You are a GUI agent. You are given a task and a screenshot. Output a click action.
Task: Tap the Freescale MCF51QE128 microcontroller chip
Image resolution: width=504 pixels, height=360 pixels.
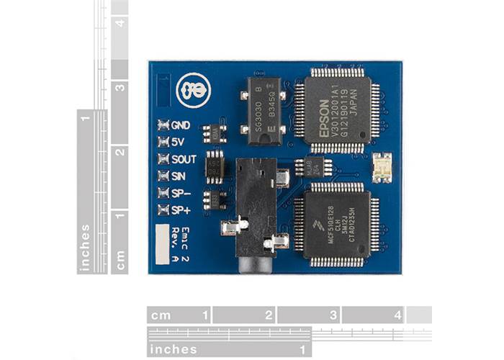337,223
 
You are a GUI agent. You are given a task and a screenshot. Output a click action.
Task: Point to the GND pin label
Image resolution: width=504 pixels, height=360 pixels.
181,125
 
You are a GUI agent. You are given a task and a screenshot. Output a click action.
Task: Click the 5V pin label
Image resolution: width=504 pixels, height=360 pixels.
179,142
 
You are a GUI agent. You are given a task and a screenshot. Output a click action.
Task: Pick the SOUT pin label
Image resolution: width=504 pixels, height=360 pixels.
184,159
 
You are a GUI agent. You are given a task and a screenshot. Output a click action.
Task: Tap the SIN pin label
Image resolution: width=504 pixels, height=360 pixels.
179,176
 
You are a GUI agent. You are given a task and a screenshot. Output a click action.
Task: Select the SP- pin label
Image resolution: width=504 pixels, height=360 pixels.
180,193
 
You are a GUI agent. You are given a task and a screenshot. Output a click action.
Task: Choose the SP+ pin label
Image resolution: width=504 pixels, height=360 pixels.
180,210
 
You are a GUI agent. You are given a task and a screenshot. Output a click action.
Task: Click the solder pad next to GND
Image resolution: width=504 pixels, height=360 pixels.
163,125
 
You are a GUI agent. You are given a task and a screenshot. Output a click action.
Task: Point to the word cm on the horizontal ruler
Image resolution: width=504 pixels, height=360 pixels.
161,315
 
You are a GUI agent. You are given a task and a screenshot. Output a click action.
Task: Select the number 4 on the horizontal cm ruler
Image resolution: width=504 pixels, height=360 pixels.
397,315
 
